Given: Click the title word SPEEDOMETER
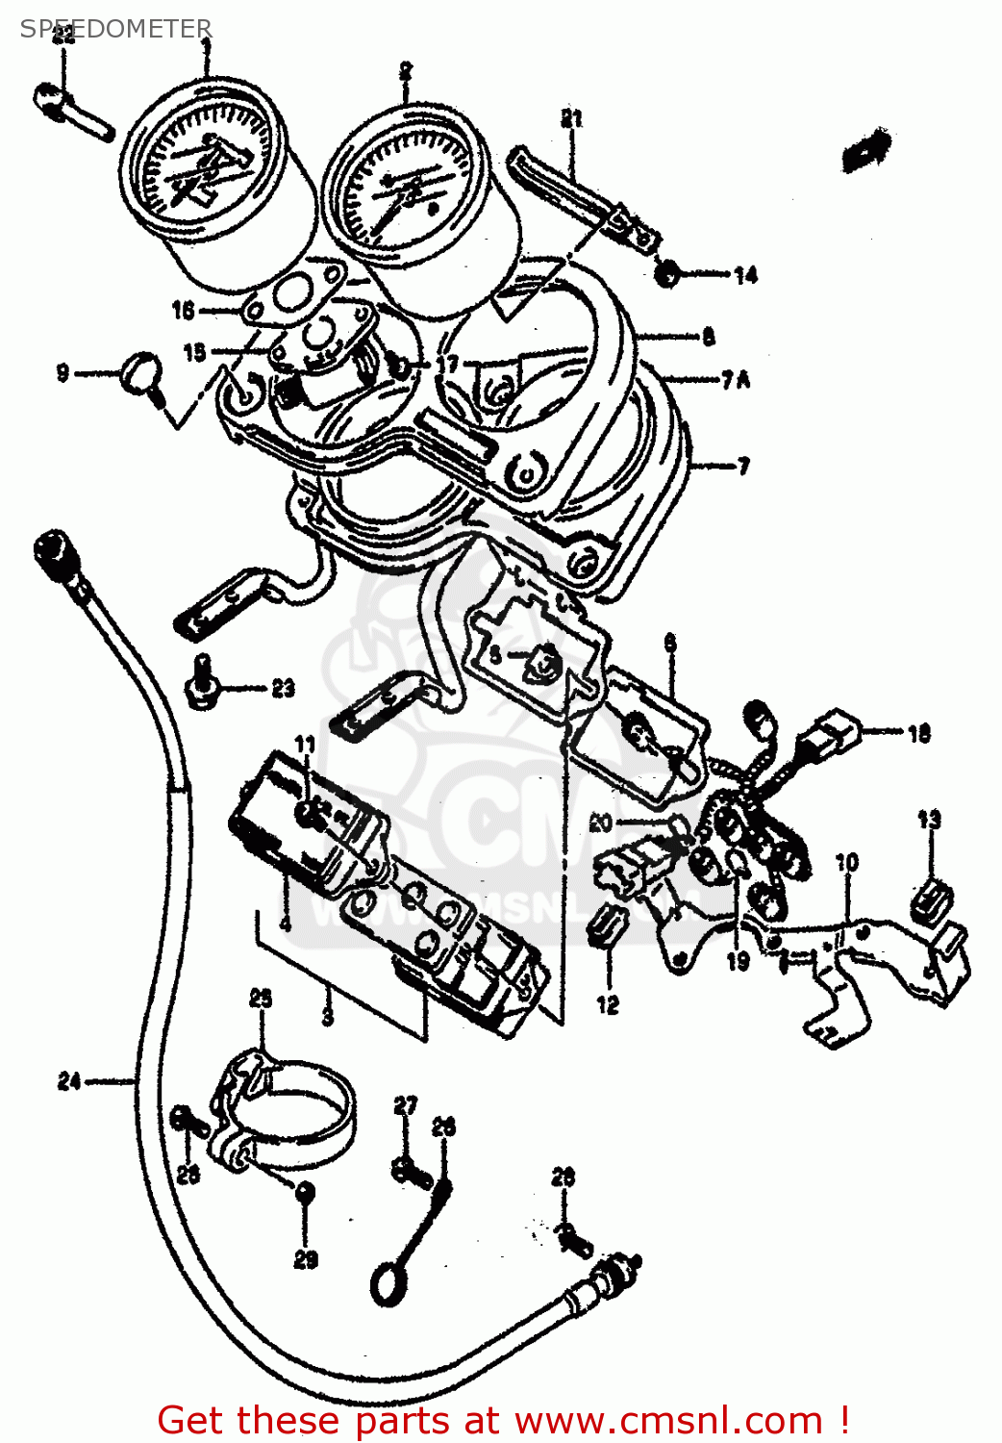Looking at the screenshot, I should click(115, 29).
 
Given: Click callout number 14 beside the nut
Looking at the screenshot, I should click(745, 276).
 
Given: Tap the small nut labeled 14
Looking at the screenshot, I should click(666, 274).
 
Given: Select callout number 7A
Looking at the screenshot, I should click(736, 381).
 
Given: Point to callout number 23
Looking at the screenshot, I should click(283, 689).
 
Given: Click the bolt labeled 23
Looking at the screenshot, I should click(201, 681).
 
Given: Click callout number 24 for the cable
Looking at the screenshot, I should click(68, 1081).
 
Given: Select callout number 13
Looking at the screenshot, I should click(928, 821).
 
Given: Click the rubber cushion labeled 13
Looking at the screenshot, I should click(930, 899).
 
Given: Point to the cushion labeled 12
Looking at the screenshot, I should click(609, 925).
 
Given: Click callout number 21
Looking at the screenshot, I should click(571, 119).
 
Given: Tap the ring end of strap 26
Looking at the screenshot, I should click(388, 1285).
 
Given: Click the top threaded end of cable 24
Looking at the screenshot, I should click(51, 549).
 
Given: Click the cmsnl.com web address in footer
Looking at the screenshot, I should click(668, 1420).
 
